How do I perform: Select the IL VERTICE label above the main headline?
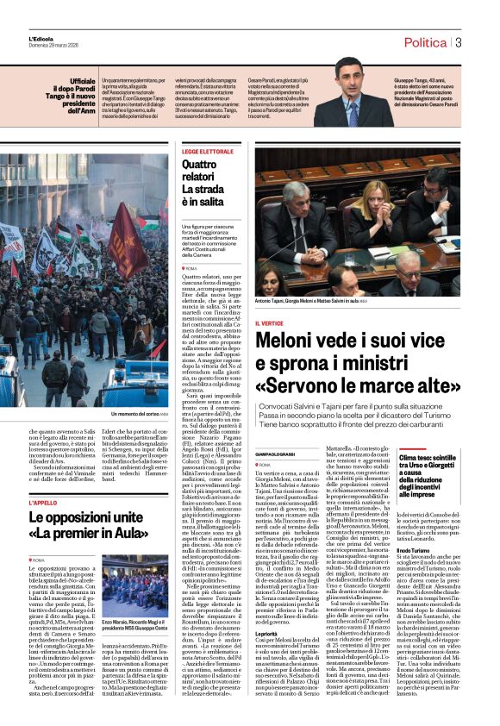[270, 322]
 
